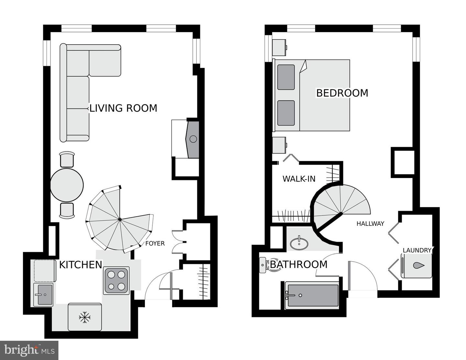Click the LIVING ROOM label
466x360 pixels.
pos(123,108)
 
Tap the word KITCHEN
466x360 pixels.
pos(81,265)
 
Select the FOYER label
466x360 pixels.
pos(155,243)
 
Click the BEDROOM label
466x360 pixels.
pos(342,93)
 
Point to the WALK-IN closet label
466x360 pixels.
pos(299,179)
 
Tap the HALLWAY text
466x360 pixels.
pos(370,224)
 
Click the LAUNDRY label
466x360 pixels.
pos(417,250)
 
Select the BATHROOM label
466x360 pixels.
pos(298,264)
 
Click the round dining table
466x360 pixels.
pos(67,185)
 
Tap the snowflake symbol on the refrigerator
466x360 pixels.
pos(84,317)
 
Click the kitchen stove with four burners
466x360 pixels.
pos(116,280)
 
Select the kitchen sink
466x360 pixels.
pos(43,294)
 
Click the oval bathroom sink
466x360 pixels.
pos(299,244)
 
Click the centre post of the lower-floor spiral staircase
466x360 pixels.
pos(120,219)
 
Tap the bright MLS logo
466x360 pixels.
pos(29,350)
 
